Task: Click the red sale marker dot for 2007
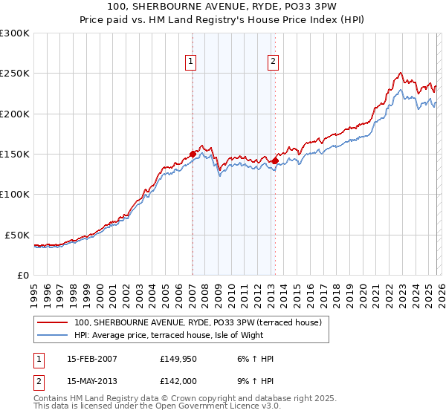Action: tap(193, 155)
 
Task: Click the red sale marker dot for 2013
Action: tap(274, 160)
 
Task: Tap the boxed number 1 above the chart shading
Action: tap(192, 62)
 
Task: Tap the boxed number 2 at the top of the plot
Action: tap(274, 62)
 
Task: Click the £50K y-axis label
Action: tap(17, 235)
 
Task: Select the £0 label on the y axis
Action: tap(22, 275)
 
